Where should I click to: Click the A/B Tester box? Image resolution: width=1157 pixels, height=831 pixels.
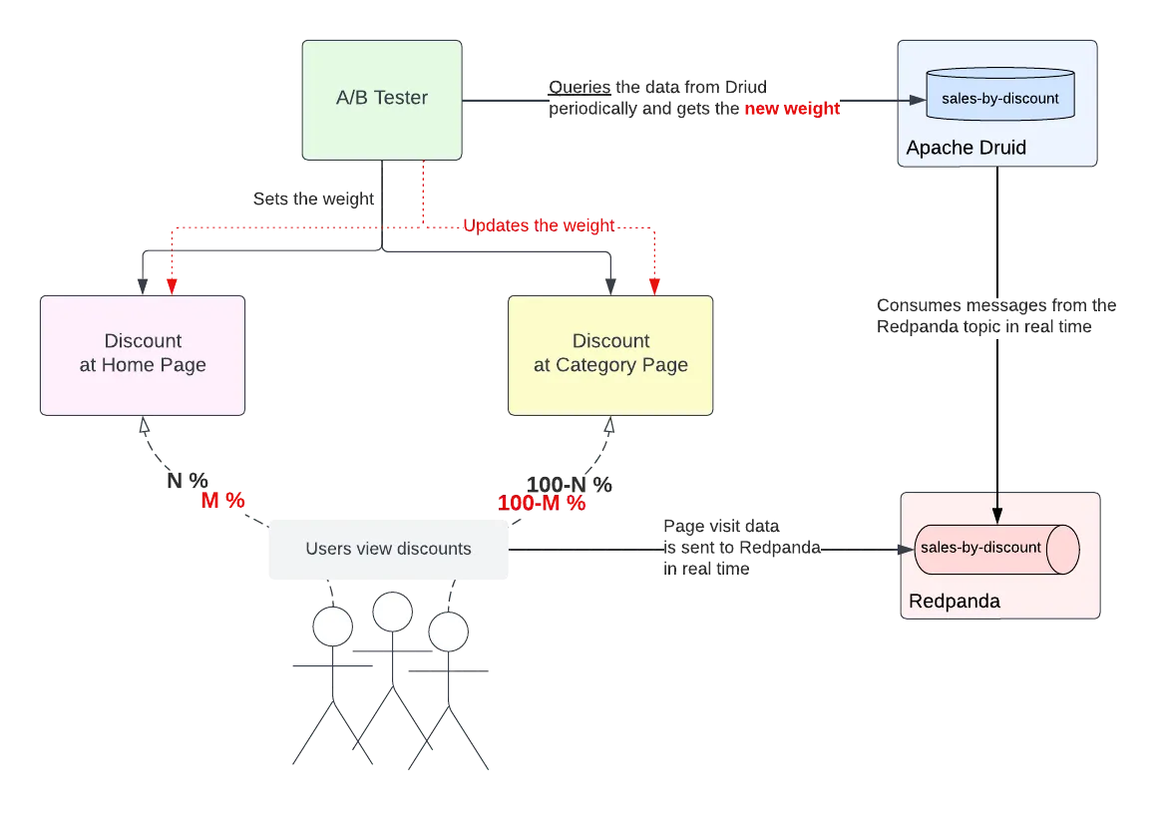382,99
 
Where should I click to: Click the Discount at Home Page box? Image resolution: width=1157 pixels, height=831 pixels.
143,354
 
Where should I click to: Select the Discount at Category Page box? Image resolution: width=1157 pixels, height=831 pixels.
610,354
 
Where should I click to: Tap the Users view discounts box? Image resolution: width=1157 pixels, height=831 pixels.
387,549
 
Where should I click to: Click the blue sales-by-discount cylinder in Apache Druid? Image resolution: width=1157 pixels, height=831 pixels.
999,99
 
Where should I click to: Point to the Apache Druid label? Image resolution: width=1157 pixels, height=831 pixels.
965,148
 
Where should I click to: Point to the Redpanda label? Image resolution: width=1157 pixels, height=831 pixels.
954,602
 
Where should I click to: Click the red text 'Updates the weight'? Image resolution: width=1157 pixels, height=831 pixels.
538,225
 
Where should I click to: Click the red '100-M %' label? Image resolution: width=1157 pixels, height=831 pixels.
542,504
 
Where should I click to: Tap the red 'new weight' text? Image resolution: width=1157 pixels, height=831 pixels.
793,111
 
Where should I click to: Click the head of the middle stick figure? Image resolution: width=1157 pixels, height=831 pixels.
393,612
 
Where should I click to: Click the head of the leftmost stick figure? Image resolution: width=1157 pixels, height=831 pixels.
332,626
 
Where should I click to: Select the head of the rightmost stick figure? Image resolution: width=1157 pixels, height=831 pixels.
448,630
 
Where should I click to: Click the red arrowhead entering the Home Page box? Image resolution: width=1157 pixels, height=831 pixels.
171,286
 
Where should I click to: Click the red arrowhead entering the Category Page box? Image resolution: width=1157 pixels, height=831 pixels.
654,286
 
